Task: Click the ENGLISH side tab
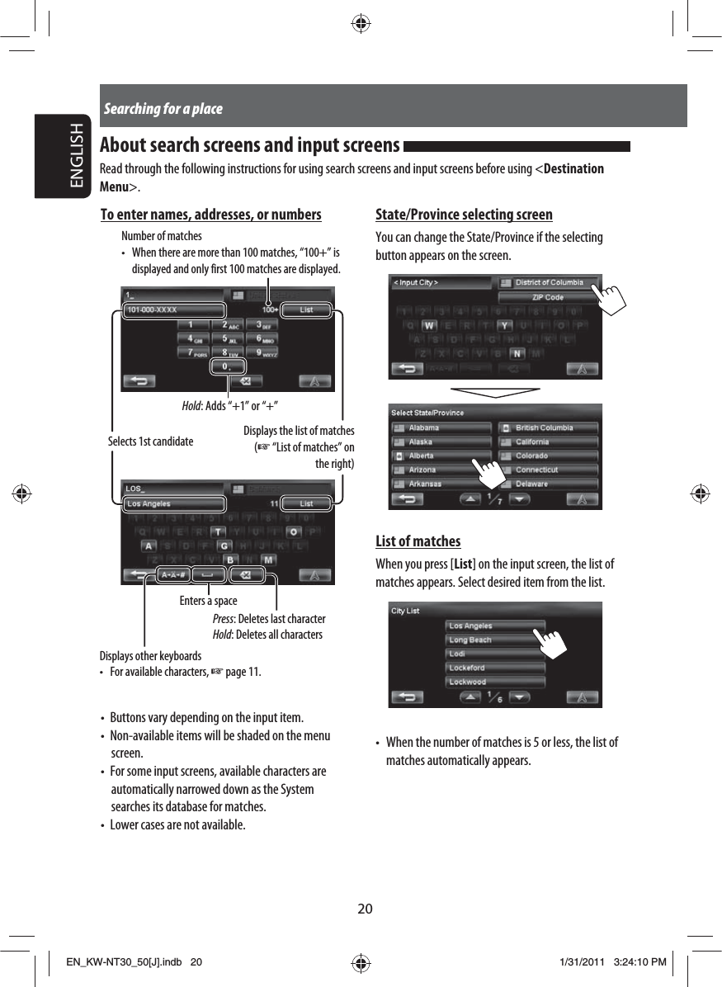(75, 158)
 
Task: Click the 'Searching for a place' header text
(163, 109)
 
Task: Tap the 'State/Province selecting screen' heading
(464, 215)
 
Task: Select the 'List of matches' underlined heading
(418, 541)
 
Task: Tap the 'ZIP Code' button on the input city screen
(548, 297)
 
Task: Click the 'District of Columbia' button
(549, 282)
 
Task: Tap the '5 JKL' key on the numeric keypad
(226, 339)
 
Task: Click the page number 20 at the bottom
(364, 909)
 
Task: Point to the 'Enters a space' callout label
(208, 601)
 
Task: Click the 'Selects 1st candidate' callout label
(150, 442)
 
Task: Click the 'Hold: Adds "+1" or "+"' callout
(229, 406)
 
